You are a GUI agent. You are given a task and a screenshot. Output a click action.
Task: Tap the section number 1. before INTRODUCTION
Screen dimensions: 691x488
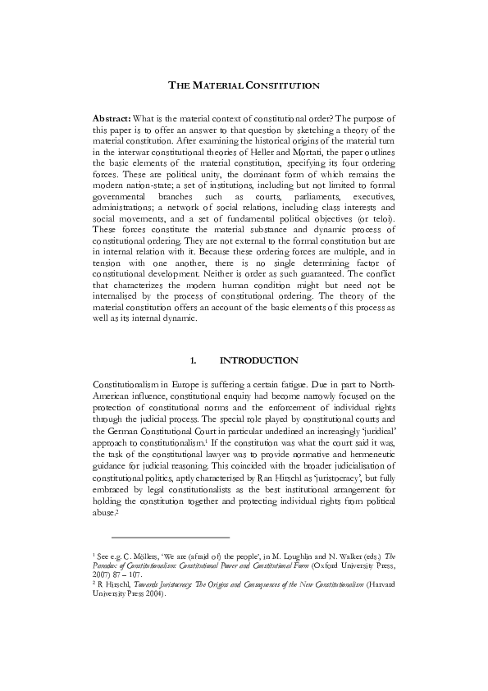194,360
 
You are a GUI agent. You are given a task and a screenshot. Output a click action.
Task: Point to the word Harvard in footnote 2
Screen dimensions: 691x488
379,586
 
